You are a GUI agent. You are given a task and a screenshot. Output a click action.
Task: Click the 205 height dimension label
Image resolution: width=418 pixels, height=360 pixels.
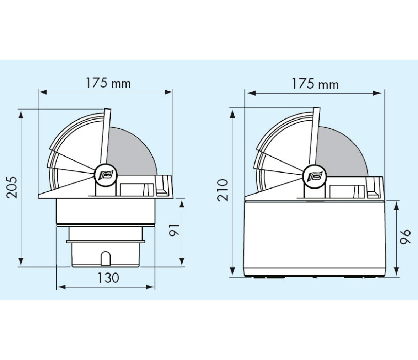point(12,187)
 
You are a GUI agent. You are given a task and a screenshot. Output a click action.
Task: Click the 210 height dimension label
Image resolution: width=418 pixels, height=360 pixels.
point(223,190)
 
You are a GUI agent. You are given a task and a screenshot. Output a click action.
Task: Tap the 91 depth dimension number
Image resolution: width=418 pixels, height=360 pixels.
point(175,230)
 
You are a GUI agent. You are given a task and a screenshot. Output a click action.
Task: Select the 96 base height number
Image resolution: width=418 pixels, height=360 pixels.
point(405,237)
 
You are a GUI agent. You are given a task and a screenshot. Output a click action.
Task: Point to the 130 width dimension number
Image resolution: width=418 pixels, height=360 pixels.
point(108,278)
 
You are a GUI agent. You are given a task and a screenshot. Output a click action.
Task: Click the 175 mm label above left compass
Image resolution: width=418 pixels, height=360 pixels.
point(108,83)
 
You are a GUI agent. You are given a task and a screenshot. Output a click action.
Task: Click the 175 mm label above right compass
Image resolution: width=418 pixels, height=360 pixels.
point(315,84)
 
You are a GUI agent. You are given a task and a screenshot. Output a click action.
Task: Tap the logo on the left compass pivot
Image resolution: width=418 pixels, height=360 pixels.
point(106,175)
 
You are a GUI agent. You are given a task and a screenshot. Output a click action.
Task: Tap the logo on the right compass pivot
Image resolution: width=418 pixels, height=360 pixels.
point(315,176)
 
